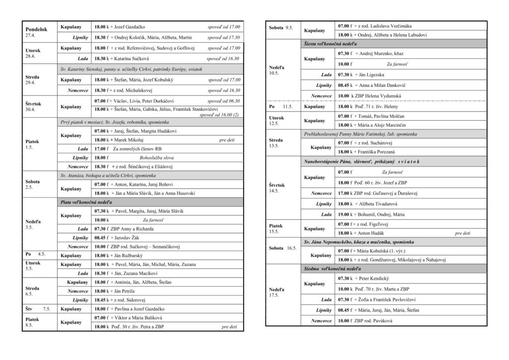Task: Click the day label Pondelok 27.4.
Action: click(x=36, y=32)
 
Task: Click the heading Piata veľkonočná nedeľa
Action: click(x=86, y=202)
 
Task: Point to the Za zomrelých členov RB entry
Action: click(x=137, y=149)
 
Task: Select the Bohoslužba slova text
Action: click(x=147, y=158)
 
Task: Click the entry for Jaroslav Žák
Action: click(x=128, y=238)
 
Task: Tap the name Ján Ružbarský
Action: click(x=130, y=255)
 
